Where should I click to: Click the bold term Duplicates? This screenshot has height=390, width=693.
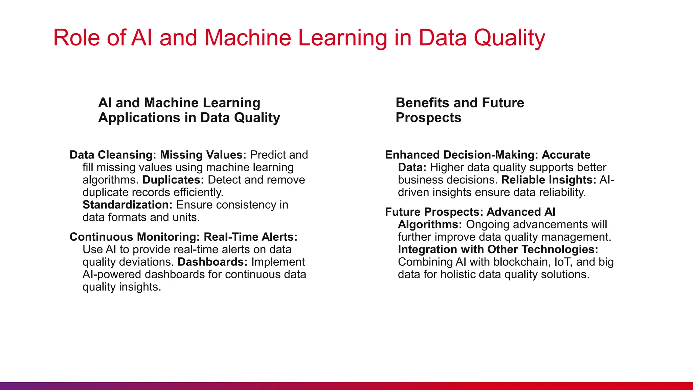tap(173, 180)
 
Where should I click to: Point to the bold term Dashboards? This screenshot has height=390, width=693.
tap(213, 262)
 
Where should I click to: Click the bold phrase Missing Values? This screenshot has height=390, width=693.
tap(203, 155)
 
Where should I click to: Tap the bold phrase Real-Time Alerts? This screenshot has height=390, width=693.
tap(250, 237)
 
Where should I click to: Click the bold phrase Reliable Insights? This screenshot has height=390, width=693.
tap(549, 180)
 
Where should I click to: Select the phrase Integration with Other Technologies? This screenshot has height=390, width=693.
tap(498, 250)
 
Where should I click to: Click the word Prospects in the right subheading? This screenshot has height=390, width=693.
tap(428, 118)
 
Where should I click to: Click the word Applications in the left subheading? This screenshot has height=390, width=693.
tap(139, 118)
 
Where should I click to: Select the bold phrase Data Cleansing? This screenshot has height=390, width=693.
tap(113, 155)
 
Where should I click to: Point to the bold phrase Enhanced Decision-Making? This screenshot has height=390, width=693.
tap(461, 155)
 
